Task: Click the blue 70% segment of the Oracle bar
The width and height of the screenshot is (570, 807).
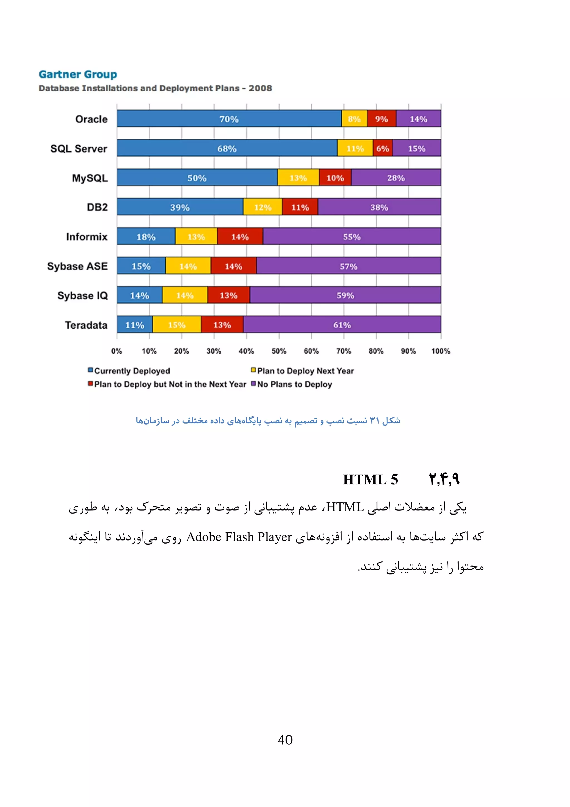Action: pyautogui.click(x=229, y=119)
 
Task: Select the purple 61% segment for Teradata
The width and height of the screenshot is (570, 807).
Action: pyautogui.click(x=342, y=325)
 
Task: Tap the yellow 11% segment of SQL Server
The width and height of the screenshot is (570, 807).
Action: pyautogui.click(x=355, y=148)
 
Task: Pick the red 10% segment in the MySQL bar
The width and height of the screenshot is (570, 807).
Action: pyautogui.click(x=335, y=178)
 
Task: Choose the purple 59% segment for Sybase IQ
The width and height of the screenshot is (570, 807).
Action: pyautogui.click(x=345, y=295)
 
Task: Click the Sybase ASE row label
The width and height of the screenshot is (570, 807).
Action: pyautogui.click(x=77, y=266)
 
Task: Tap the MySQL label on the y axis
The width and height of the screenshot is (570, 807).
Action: pyautogui.click(x=90, y=178)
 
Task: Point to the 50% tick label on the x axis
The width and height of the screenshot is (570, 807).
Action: pyautogui.click(x=279, y=351)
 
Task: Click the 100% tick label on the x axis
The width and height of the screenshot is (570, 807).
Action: pyautogui.click(x=440, y=351)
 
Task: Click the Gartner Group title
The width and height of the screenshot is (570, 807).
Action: pyautogui.click(x=78, y=74)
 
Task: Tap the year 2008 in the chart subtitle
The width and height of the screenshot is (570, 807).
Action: pyautogui.click(x=260, y=88)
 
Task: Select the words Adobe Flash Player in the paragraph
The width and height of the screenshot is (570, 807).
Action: pyautogui.click(x=239, y=537)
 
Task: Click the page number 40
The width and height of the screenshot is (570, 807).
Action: pyautogui.click(x=285, y=740)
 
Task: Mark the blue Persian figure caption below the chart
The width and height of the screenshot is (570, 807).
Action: pyautogui.click(x=268, y=420)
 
